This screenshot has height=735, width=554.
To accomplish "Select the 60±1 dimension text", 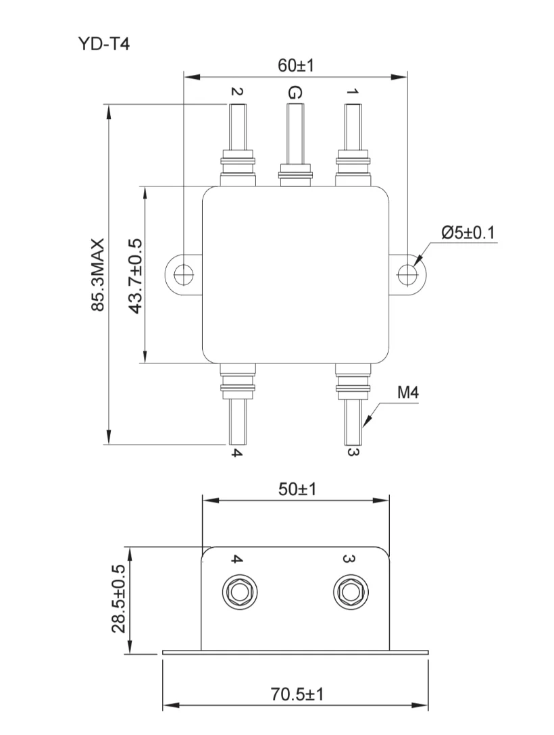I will point(296,66).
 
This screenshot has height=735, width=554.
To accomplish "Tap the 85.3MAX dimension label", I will point(99,274).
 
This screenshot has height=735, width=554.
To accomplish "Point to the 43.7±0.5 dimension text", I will point(135,276).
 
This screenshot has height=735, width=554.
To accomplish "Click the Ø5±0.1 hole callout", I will point(468,233).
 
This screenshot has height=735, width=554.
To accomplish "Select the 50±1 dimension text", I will point(297,489).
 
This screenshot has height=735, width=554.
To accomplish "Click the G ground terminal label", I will point(294,93).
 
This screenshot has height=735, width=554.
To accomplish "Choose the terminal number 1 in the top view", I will point(352,92).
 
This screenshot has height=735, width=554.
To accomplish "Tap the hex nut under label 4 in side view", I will point(237,592).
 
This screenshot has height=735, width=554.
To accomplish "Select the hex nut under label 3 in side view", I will point(349,592).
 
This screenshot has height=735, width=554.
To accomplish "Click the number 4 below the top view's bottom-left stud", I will point(236,453).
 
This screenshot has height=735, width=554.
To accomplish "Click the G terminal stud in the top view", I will point(294,135).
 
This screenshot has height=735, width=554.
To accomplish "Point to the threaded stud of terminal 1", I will point(352,128).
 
